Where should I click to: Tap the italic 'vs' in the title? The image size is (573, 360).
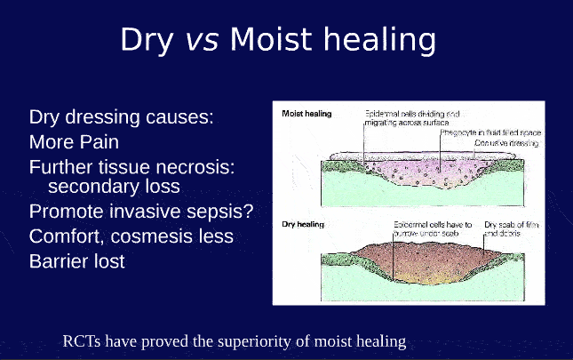203,41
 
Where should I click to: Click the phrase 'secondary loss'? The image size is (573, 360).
114,188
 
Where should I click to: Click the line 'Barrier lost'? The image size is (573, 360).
77,261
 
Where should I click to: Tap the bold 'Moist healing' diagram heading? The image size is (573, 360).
306,115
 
